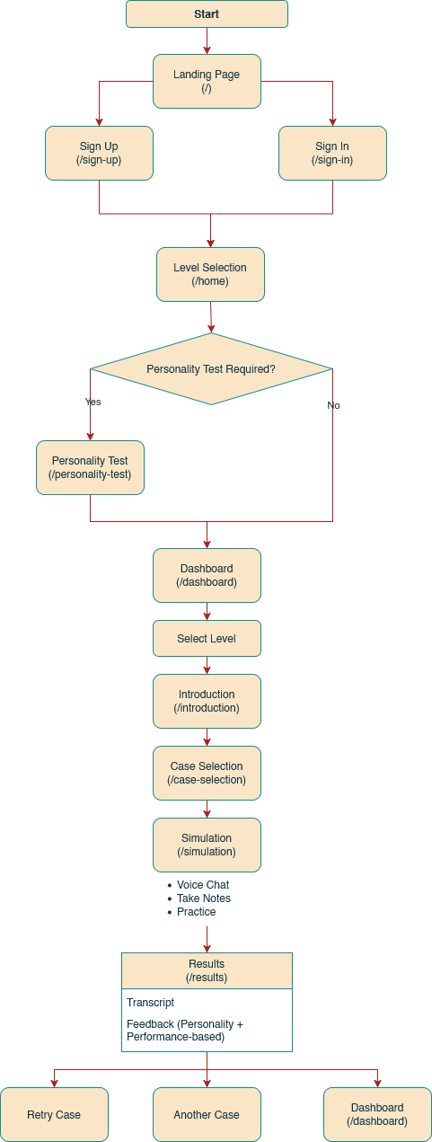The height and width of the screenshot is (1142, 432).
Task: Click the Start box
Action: coord(207,14)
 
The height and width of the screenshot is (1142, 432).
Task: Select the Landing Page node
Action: coord(207,81)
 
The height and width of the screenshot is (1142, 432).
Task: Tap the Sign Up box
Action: coord(99,153)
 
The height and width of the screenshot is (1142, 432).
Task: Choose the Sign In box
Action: coord(332,153)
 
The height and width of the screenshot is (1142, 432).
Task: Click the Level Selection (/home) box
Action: coord(210,274)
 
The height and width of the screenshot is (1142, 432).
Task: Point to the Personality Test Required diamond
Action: coord(211,369)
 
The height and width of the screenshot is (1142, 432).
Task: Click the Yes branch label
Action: coord(93,402)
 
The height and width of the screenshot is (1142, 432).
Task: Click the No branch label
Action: coord(333,405)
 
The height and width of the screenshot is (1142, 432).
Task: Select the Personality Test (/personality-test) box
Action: coord(90,467)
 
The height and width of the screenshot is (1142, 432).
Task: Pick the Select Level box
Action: coord(207,639)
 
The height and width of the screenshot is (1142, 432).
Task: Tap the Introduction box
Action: coord(207,701)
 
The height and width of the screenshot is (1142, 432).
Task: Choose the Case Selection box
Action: coord(207,773)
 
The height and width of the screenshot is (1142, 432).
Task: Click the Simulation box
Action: coord(207,845)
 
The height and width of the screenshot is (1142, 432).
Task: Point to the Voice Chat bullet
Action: coord(202,885)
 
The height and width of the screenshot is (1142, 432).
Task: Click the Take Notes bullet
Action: coord(203,899)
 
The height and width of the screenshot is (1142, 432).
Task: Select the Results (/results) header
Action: coord(207,970)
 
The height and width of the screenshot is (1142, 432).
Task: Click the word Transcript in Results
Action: coord(150,1003)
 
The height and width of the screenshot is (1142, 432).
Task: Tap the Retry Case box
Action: coord(54,1114)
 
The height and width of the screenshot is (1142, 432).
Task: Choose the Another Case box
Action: coord(207,1114)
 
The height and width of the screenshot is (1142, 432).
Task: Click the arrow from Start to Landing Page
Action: coord(207,40)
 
